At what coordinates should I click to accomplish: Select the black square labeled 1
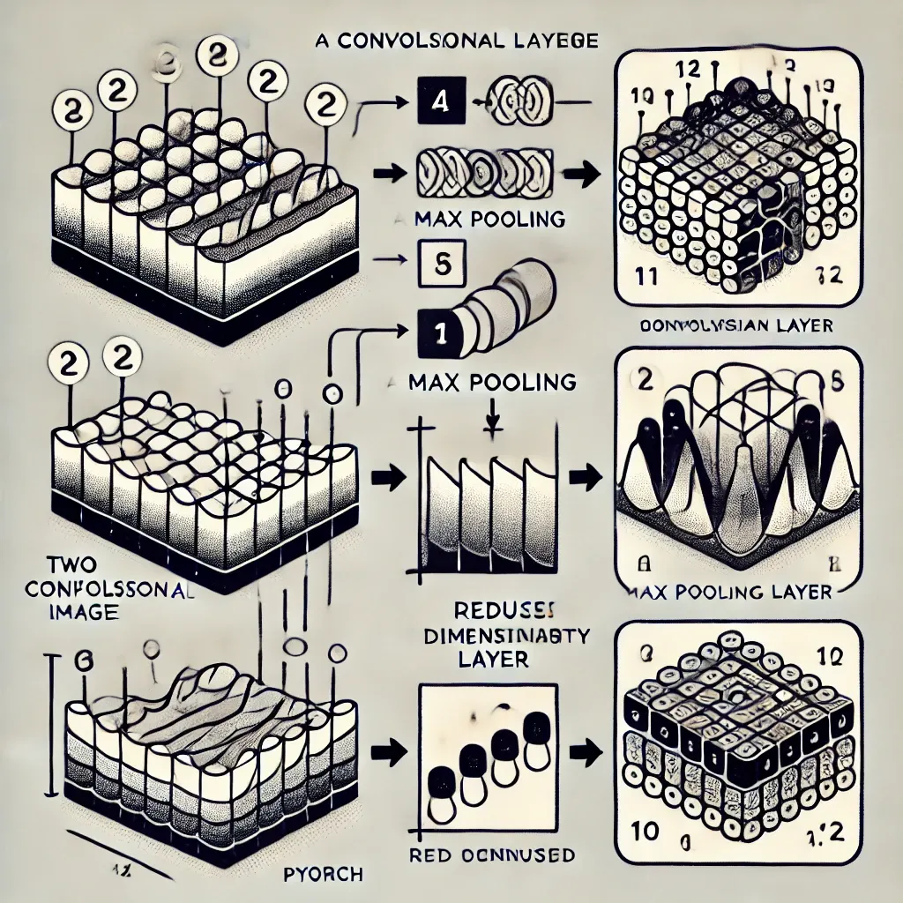tap(434, 333)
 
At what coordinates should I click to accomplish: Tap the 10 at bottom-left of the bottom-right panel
tap(645, 830)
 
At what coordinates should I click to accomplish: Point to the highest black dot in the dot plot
tap(533, 729)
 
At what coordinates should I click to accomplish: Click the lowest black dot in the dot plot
tap(437, 779)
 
